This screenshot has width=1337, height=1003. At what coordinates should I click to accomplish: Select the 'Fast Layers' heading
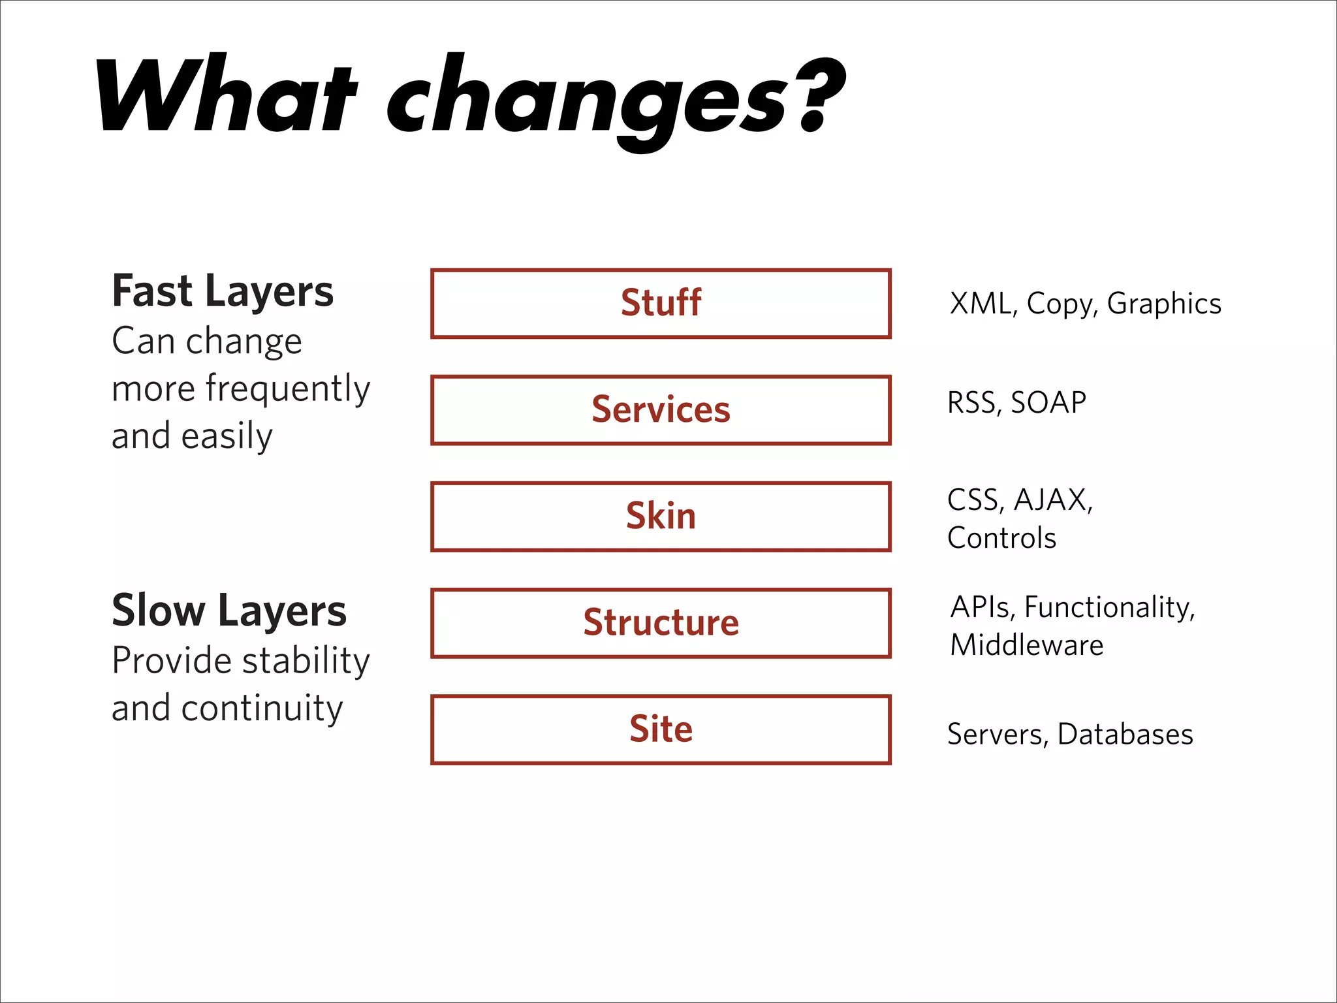[x=223, y=291]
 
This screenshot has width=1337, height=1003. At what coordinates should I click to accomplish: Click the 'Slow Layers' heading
[x=228, y=611]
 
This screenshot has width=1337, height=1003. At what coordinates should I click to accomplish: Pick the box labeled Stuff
[x=661, y=304]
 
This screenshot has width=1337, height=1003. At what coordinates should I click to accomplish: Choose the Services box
[x=661, y=410]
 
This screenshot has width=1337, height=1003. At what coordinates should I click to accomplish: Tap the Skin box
[x=661, y=517]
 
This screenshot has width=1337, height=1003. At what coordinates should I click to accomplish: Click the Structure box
[x=661, y=623]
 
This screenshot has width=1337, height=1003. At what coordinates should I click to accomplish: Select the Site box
[x=661, y=729]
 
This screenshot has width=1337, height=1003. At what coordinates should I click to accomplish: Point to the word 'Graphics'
[x=1163, y=304]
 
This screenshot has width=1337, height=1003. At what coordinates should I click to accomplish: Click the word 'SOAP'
[x=1048, y=402]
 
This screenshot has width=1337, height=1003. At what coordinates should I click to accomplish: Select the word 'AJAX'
[x=1052, y=500]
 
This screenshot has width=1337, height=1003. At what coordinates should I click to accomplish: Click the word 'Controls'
[x=1001, y=538]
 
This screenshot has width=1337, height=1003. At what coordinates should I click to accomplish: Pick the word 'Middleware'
[x=1026, y=645]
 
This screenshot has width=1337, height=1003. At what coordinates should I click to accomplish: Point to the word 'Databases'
[x=1125, y=734]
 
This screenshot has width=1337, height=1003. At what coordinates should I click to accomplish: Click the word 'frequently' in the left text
[x=287, y=389]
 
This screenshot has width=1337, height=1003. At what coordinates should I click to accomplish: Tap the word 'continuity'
[x=261, y=708]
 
